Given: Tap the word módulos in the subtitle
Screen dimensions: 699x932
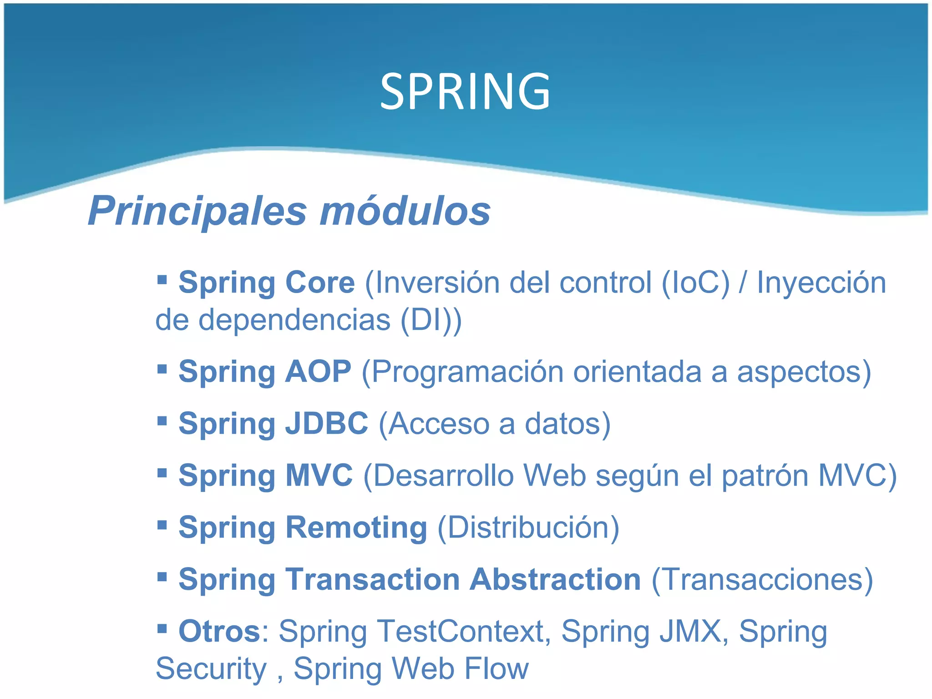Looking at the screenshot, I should coord(405,211).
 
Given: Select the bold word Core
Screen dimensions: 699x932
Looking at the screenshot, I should coord(319,283).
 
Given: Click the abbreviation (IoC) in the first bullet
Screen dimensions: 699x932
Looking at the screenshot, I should coord(695,283).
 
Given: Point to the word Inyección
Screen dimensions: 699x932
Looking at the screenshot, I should coord(821,283).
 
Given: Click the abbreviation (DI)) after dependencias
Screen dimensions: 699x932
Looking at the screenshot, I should coord(431,320).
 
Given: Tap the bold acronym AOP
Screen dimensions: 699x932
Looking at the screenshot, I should coord(318,371).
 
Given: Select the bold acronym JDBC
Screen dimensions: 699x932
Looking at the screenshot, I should coord(326,423).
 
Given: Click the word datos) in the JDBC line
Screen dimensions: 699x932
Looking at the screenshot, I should coord(567,423).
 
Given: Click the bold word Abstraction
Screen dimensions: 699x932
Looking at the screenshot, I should coord(555,579).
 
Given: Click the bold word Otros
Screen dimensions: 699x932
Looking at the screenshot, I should coord(219,631).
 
